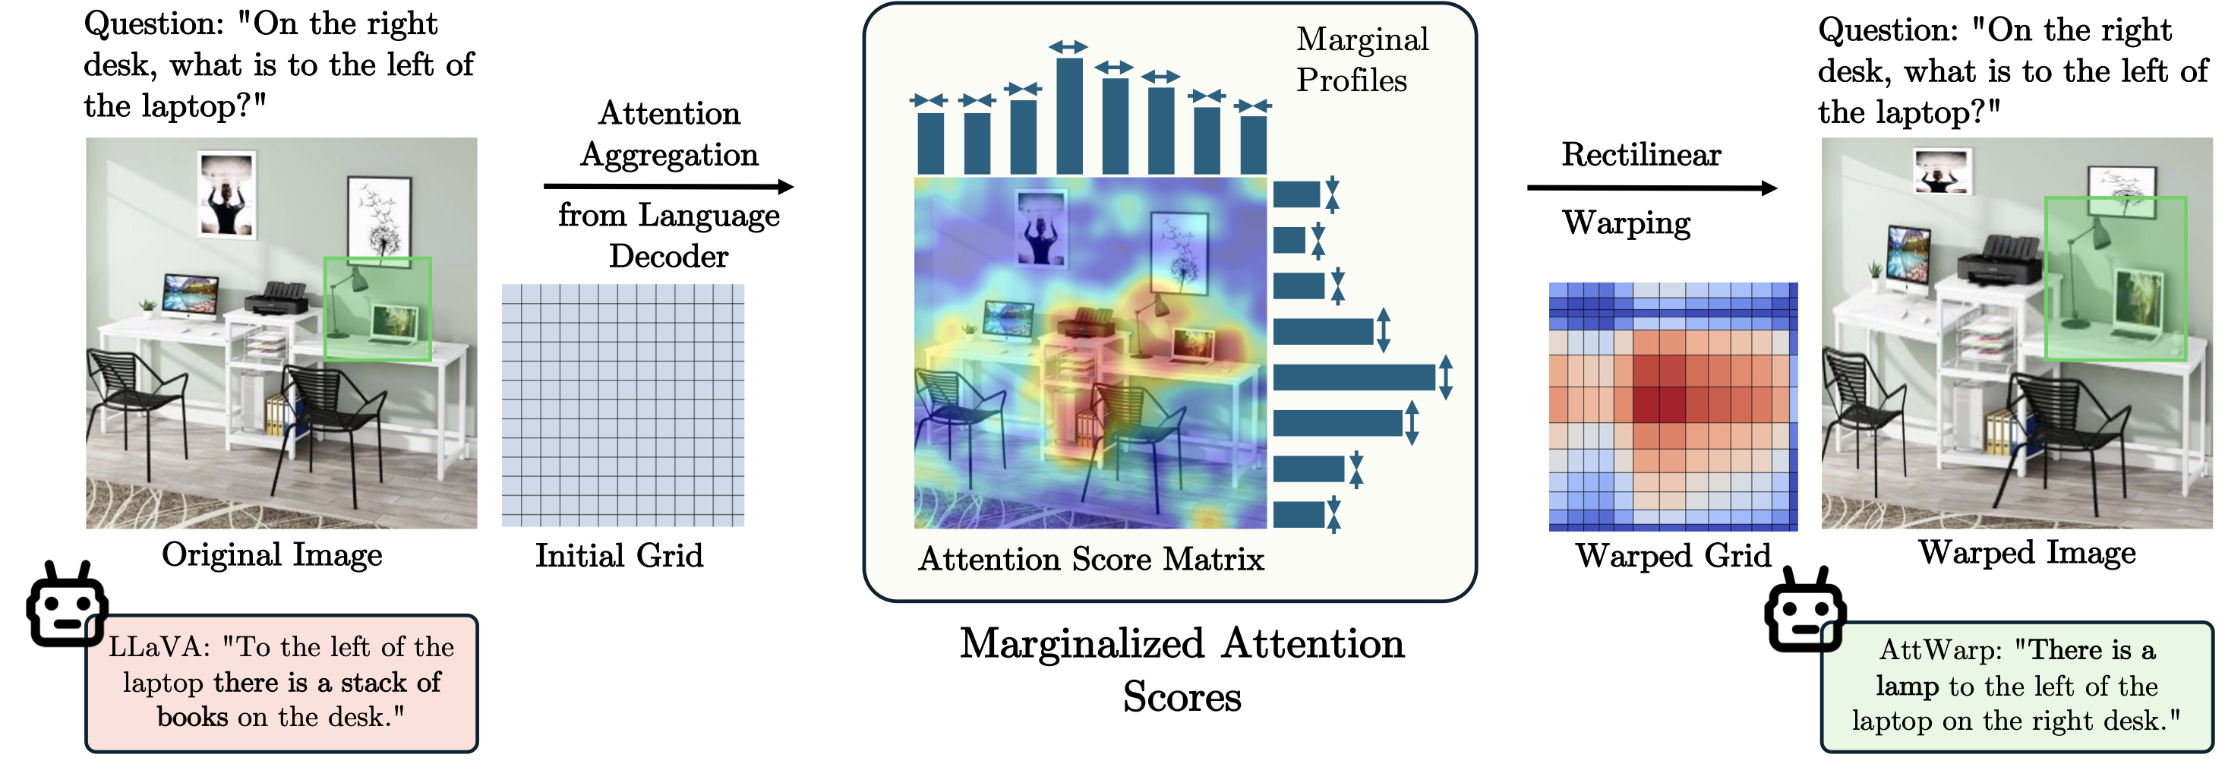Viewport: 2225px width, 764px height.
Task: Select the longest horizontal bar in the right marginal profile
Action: click(1353, 377)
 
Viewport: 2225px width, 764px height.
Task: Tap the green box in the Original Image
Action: click(377, 308)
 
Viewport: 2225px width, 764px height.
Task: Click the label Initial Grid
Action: click(620, 555)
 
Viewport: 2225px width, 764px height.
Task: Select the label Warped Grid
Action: click(1672, 555)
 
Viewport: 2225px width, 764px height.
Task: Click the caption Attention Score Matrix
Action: click(1091, 559)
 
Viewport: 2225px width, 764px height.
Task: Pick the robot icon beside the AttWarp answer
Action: click(1804, 611)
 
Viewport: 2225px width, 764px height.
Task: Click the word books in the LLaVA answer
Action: click(193, 716)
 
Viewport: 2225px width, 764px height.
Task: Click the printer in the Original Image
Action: click(276, 298)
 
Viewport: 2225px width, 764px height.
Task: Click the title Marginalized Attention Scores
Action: click(1182, 670)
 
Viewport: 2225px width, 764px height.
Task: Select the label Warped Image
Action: click(2026, 552)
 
